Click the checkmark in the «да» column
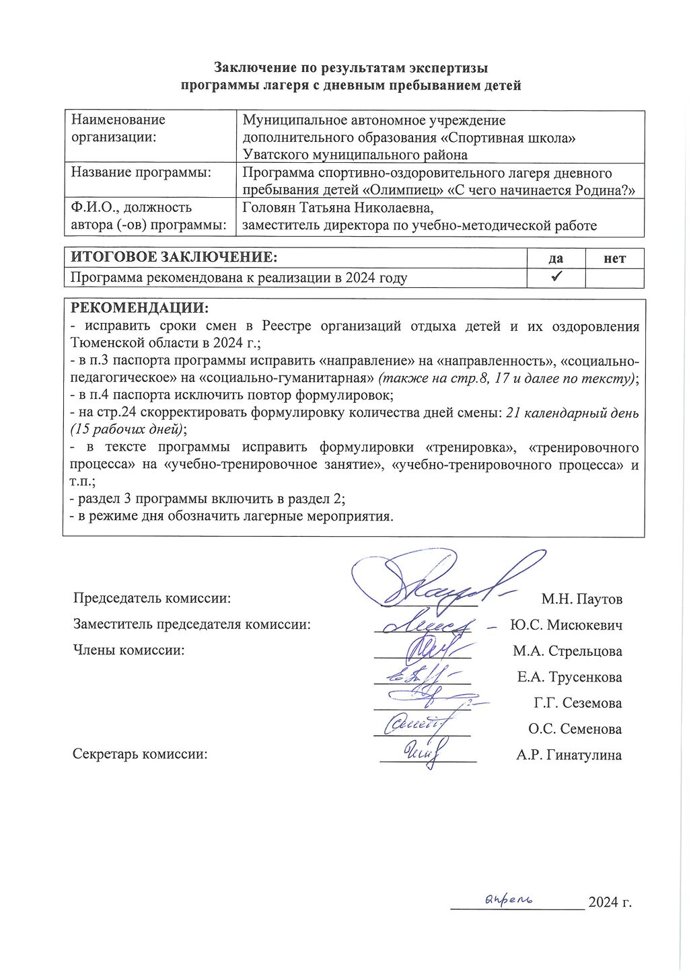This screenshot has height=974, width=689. [556, 277]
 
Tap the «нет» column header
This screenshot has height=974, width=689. [614, 258]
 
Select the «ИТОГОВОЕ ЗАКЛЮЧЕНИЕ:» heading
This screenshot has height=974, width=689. [174, 258]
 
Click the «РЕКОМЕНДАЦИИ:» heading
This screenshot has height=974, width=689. [139, 309]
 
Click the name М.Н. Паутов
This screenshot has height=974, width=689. [581, 599]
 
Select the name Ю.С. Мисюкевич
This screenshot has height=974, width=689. [566, 625]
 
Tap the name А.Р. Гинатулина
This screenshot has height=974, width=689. [569, 755]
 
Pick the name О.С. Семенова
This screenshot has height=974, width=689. [575, 728]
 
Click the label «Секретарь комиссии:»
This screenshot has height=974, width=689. [140, 754]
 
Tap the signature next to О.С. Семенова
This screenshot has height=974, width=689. [414, 724]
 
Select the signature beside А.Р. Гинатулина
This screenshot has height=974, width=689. [425, 751]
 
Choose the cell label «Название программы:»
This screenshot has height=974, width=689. [141, 172]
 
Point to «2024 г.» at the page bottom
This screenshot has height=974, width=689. [610, 902]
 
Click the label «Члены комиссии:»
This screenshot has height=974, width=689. [129, 650]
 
